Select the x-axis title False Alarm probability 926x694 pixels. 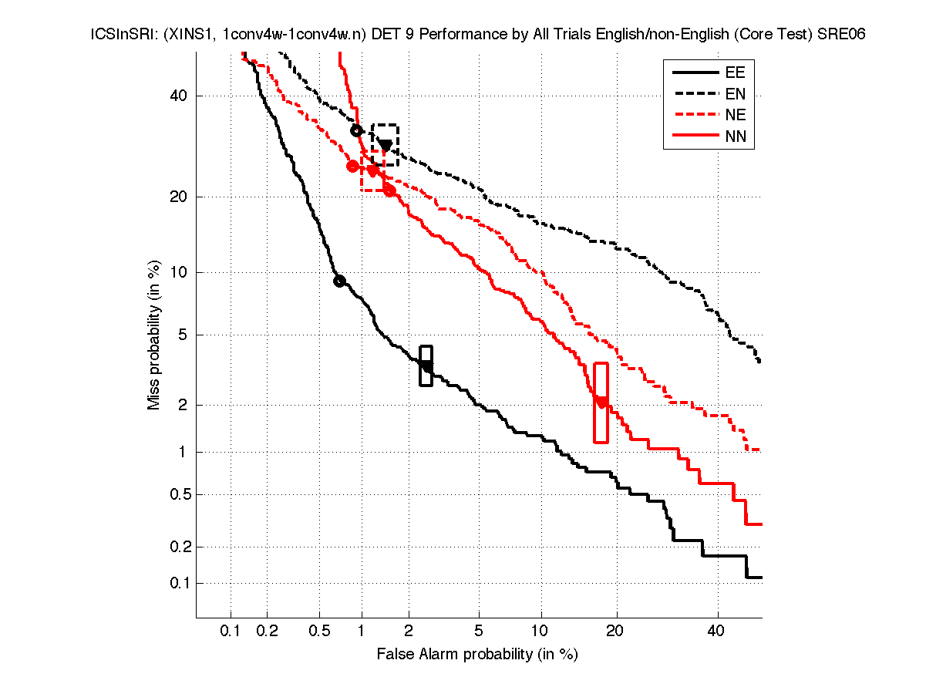tap(477, 655)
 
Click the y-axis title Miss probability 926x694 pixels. tap(154, 335)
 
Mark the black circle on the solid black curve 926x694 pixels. tap(339, 281)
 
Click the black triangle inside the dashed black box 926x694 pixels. tap(385, 145)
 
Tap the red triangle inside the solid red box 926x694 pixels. tap(601, 402)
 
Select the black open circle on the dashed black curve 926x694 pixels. tap(357, 130)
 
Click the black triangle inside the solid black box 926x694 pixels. tap(426, 366)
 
